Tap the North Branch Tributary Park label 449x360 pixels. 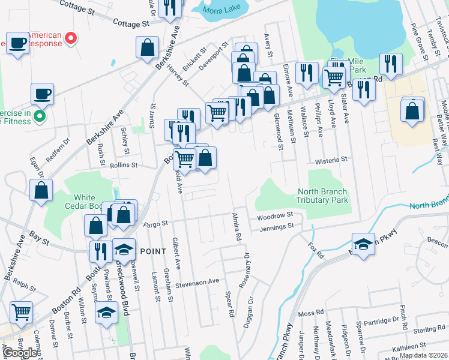[x=323, y=196]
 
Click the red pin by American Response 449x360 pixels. [x=70, y=39]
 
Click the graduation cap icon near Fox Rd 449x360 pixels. [x=363, y=244]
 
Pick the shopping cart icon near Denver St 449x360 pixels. [x=22, y=311]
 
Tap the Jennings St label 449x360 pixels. [x=276, y=227]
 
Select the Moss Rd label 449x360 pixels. [x=310, y=313]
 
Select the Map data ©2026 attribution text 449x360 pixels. [x=423, y=356]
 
